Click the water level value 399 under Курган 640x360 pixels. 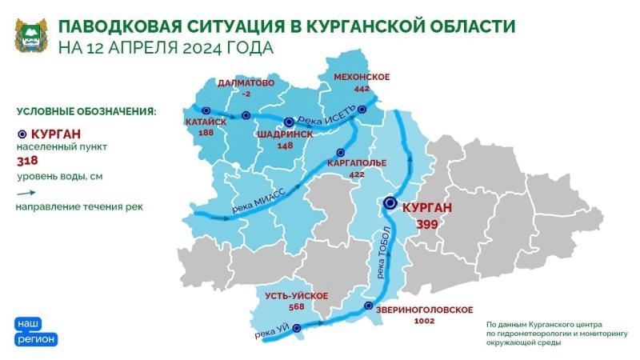(x=426, y=225)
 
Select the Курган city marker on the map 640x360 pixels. (x=390, y=203)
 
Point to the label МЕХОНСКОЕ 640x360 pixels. (x=362, y=77)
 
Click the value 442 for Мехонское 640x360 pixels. (x=362, y=88)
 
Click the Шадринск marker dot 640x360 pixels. (x=290, y=122)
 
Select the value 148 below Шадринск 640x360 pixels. (x=286, y=146)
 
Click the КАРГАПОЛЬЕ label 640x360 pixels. (x=357, y=162)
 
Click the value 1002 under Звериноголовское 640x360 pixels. (x=424, y=321)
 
